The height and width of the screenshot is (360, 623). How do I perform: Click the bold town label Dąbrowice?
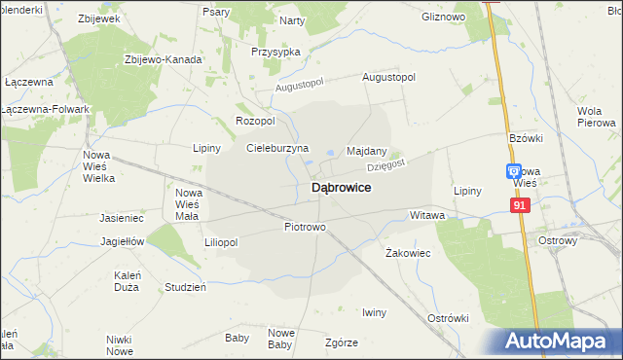[x=340, y=188]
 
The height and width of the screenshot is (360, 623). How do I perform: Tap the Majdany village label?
[x=367, y=152]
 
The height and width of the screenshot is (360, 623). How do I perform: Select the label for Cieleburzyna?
[x=277, y=148]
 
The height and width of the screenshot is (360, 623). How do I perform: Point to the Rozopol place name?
[x=256, y=121]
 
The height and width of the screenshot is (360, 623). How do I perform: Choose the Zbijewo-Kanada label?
[x=163, y=59]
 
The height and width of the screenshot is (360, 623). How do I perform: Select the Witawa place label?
[x=427, y=214]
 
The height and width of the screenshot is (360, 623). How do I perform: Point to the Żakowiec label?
[x=408, y=252]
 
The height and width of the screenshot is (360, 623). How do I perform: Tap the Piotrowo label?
[x=305, y=227]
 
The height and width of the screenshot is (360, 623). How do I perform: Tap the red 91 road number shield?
[x=519, y=205]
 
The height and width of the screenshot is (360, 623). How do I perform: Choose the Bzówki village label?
[x=524, y=139]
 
